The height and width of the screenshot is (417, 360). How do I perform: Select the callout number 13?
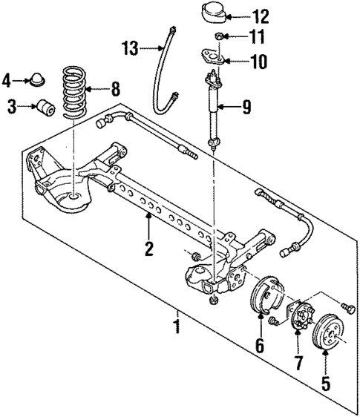click(131, 47)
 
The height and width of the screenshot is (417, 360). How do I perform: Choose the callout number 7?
click(297, 363)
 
